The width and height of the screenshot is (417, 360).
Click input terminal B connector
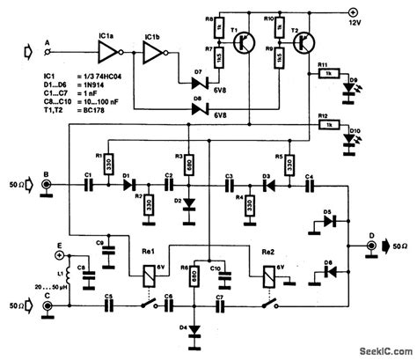coord(48,186)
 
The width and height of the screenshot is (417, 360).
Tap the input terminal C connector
coord(48,309)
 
